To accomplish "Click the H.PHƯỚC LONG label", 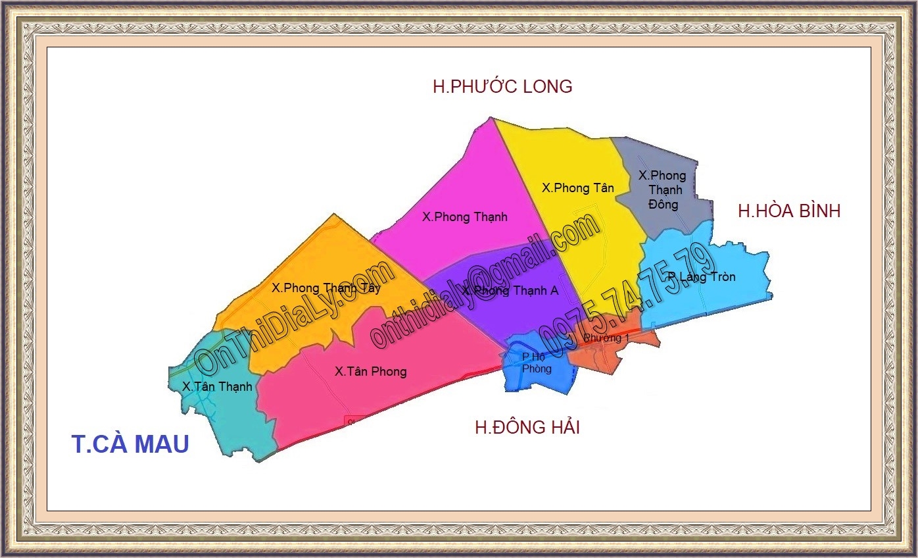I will pos(502,86).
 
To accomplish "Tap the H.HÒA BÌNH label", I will pos(789,211).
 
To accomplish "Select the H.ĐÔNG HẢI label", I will pos(527,427).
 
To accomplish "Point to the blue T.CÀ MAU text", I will pos(130,444).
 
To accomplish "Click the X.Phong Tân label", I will pos(577,188).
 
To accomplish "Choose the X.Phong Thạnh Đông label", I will pos(662,190).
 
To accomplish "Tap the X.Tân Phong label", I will pos(370,372).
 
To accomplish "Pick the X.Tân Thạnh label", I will pos(217,386).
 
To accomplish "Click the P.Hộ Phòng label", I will pos(537,363).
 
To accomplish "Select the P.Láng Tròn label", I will pos(701,277).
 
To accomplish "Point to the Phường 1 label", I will pos(606,338).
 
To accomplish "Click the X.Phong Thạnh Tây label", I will pos(326,288).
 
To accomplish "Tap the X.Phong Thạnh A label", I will pos(510,291).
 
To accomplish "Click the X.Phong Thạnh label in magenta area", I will pos(464,216).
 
